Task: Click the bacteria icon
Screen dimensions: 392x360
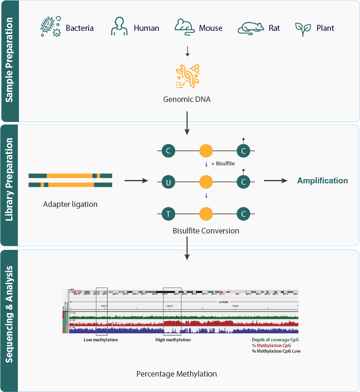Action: point(50,27)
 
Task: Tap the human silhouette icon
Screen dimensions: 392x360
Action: point(119,27)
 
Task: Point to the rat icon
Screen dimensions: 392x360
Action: point(250,28)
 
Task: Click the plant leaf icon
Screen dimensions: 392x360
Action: point(303,28)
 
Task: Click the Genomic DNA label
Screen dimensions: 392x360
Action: point(187,99)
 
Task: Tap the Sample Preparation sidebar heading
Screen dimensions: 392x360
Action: point(9,61)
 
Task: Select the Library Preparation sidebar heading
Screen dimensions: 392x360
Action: point(9,185)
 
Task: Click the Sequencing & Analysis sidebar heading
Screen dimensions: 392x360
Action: point(9,320)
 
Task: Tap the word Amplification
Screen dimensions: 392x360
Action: point(322,181)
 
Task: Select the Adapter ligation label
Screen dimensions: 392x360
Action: point(70,204)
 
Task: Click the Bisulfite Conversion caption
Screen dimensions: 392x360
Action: point(206,231)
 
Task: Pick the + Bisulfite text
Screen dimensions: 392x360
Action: point(223,164)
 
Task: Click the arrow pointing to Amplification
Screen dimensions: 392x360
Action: point(275,181)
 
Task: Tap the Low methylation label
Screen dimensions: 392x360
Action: point(100,340)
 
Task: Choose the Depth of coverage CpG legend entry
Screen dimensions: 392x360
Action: point(276,340)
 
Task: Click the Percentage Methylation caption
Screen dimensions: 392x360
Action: point(176,374)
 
